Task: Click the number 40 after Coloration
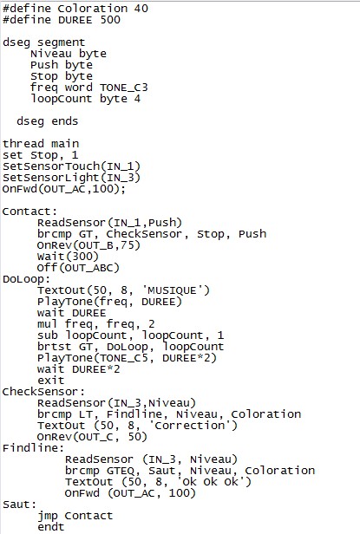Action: pos(141,8)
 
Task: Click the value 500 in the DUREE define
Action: pos(110,19)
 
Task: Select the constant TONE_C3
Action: pos(124,88)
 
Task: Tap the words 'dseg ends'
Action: pos(48,121)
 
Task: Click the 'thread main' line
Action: pos(41,144)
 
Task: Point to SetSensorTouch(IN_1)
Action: pos(71,166)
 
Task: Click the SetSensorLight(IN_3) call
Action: pos(71,178)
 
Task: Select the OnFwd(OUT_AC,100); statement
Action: pos(64,189)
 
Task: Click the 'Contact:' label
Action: pos(29,212)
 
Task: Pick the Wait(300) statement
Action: pos(68,257)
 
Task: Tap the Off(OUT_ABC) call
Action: pos(78,268)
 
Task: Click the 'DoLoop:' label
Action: pos(26,279)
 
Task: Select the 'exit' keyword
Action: pos(51,381)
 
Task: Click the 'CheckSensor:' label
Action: pos(43,392)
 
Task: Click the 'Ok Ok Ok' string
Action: pos(210,482)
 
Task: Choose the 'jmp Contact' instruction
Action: pos(75,516)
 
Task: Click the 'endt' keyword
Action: pos(51,527)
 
